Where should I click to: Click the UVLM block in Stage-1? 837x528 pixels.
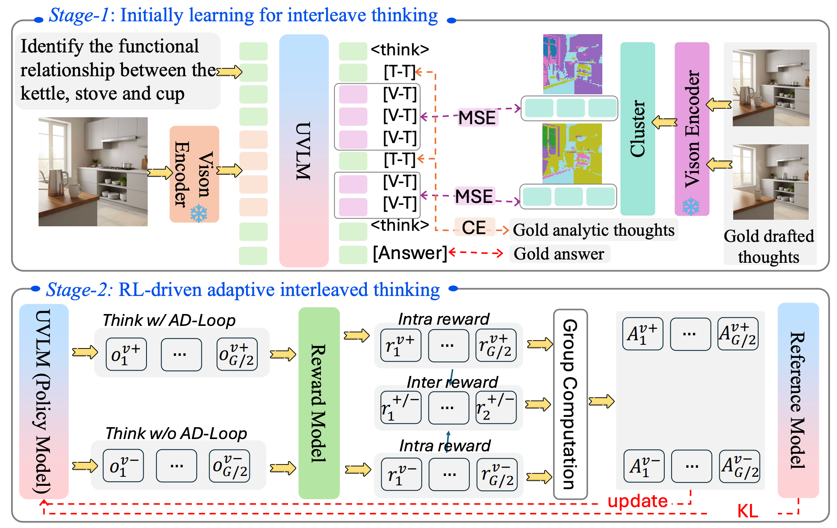[304, 151]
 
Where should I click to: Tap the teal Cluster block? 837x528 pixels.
[637, 129]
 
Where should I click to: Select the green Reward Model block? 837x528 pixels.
[319, 403]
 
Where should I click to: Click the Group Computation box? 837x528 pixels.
[570, 404]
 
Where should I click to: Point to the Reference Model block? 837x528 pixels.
[798, 400]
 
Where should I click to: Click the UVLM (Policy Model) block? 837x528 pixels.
[43, 401]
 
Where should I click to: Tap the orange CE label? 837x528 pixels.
[474, 228]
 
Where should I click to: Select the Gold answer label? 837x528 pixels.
[559, 254]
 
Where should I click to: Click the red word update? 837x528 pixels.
[637, 501]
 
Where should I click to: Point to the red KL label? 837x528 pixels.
[747, 512]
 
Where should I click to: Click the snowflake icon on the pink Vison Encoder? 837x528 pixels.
[691, 207]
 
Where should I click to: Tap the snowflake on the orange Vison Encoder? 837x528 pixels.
[199, 213]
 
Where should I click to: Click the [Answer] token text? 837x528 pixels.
[409, 253]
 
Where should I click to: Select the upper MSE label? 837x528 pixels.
[477, 118]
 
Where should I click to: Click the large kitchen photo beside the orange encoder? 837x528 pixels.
[93, 171]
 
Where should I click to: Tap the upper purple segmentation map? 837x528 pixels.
[572, 64]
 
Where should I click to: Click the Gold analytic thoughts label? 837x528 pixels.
[593, 230]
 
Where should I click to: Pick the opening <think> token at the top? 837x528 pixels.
[400, 50]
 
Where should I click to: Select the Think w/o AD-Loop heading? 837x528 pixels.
[176, 433]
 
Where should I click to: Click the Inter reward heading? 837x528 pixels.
[452, 382]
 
